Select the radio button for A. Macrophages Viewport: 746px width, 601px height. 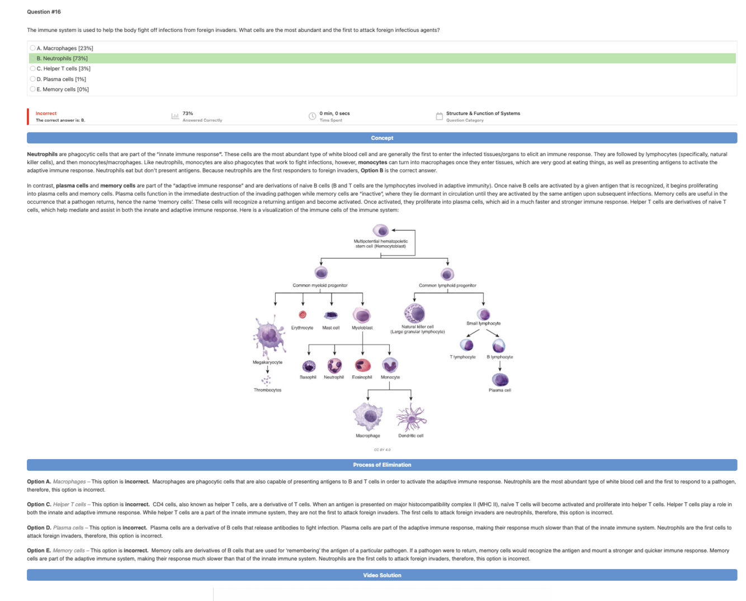tap(33, 48)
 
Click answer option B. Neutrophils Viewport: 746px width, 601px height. tap(62, 58)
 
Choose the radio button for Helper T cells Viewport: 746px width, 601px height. tap(33, 69)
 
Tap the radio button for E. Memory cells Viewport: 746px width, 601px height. tap(33, 89)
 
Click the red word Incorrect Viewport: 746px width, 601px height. tap(46, 113)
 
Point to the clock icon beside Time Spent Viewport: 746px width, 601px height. tap(313, 116)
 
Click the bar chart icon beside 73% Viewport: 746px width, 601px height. tap(175, 116)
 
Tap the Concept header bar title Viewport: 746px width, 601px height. tap(382, 138)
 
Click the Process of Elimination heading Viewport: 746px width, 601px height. tap(382, 465)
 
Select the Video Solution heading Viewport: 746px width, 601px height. tap(382, 575)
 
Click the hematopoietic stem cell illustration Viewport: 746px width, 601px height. tap(380, 230)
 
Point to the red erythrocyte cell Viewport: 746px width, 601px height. tap(303, 315)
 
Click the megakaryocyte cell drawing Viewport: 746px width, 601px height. tap(270, 337)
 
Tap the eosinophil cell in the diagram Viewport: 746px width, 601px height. tap(362, 365)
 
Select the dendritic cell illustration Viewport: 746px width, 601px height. tap(411, 417)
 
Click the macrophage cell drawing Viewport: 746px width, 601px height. tap(368, 416)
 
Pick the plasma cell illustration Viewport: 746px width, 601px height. tap(500, 380)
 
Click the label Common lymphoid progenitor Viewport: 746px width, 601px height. tap(447, 285)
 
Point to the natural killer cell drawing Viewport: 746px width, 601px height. tap(414, 313)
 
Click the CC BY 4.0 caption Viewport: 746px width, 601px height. tap(382, 450)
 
